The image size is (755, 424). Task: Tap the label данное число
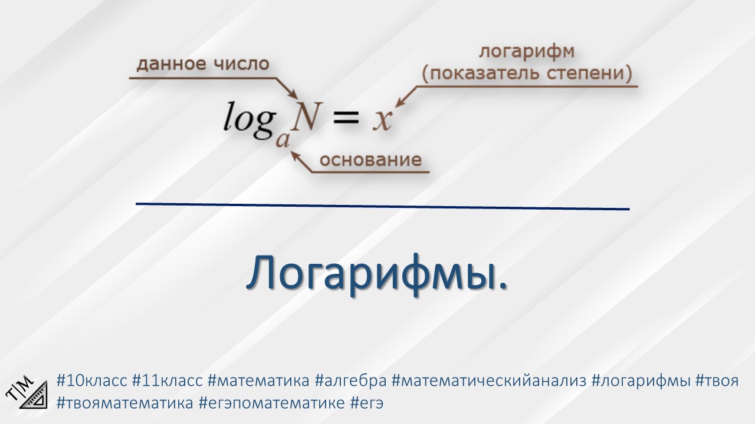tap(203, 64)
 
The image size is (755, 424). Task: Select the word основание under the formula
tap(370, 160)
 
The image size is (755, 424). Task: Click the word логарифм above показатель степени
tap(526, 52)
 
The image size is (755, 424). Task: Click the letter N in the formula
tap(307, 117)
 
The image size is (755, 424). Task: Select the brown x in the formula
tap(382, 120)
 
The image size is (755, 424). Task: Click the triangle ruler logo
tap(28, 391)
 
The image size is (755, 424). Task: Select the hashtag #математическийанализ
tap(488, 380)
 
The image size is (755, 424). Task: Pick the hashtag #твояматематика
tap(124, 403)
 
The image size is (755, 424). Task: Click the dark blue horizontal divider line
tap(382, 206)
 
